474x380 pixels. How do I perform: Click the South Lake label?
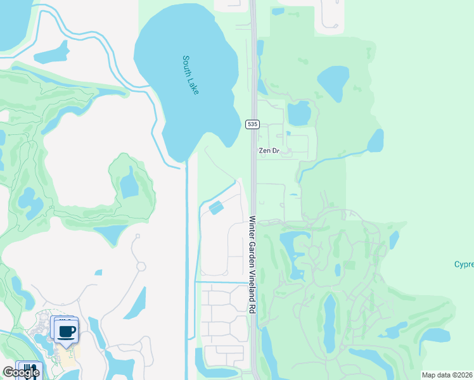coord(191,75)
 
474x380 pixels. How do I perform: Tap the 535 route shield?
coord(253,125)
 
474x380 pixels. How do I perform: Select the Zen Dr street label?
coord(269,151)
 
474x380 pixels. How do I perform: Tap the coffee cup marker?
coord(67,331)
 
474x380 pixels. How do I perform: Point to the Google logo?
coord(20,372)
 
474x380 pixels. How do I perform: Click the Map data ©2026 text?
coord(447,375)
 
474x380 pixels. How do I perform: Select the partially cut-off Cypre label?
coord(464,264)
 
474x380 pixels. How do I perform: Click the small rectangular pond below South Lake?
coord(216,207)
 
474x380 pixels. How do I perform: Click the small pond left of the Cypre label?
coord(394,239)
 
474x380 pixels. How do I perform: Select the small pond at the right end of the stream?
coord(375,141)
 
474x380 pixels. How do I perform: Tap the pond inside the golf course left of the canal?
coord(129,184)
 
